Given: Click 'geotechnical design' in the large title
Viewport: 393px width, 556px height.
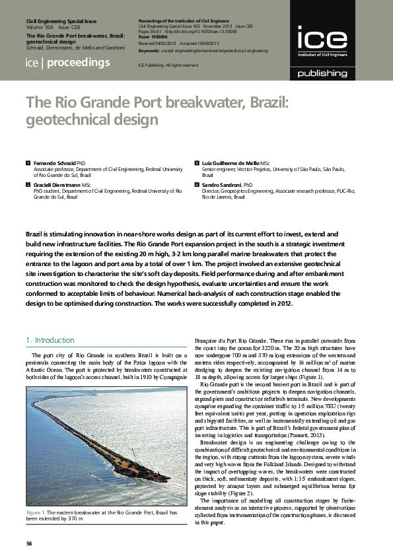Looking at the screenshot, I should tap(92, 120).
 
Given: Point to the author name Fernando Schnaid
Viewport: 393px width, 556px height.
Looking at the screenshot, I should tap(55, 162).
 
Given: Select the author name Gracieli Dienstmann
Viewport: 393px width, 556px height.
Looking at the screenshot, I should tap(57, 186).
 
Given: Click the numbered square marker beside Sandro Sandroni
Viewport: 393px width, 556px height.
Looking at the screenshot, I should tap(196, 186).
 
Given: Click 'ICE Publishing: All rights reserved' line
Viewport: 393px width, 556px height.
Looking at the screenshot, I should tap(168, 65).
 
